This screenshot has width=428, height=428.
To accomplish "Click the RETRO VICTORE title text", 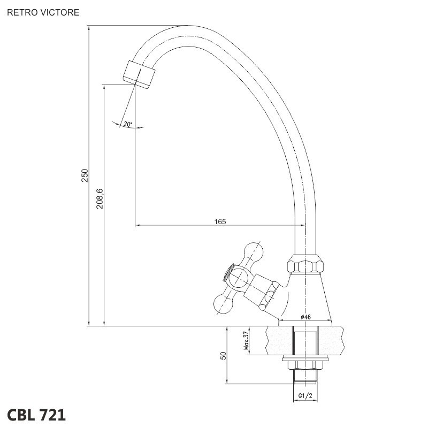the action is [x=43, y=12].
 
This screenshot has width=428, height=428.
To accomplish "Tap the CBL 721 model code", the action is [x=36, y=415].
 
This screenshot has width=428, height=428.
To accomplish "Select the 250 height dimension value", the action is [x=85, y=175].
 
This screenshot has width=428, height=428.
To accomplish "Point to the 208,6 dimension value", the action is [x=100, y=198].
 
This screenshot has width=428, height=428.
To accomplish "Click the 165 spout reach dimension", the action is [x=220, y=221].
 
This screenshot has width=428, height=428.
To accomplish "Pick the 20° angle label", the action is [x=127, y=124].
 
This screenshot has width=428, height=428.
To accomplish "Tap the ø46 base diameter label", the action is [x=305, y=317].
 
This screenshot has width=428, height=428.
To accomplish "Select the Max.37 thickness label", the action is [x=246, y=340].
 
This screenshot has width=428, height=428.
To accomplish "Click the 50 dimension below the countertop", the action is [x=223, y=355].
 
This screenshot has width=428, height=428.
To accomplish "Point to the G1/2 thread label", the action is [x=305, y=395].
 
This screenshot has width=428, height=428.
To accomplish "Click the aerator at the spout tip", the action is [x=139, y=74].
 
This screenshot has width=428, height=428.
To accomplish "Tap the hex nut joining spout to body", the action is [x=305, y=263].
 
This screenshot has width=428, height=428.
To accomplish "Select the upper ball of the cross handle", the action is [x=254, y=251].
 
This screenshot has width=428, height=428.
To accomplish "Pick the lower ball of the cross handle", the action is [x=223, y=305].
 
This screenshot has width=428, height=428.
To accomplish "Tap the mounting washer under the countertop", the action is [x=305, y=358].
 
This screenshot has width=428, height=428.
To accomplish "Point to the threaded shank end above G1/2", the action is [x=305, y=377].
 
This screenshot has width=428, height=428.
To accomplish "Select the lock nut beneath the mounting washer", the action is [x=305, y=365].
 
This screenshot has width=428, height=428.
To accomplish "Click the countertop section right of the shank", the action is [x=331, y=340].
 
